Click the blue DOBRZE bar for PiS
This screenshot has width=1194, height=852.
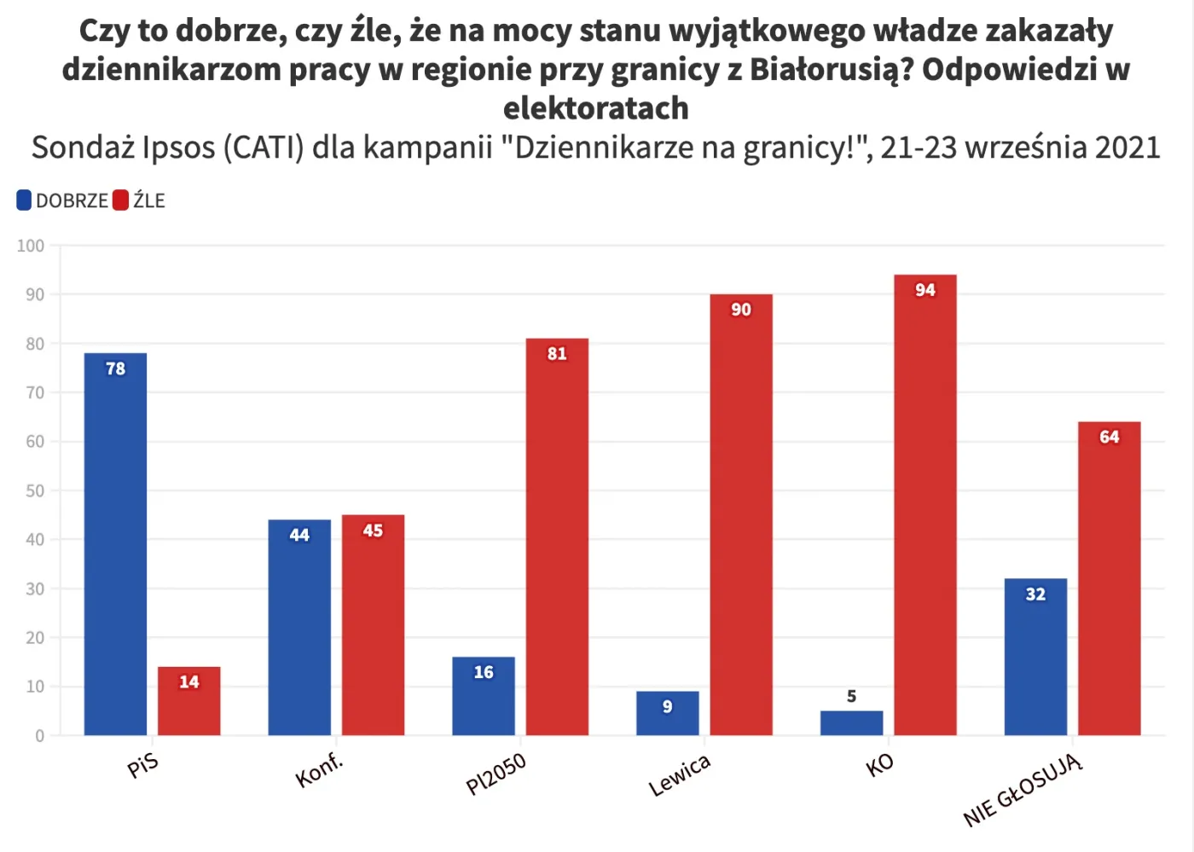tap(115, 546)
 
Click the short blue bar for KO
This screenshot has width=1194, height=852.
tap(851, 723)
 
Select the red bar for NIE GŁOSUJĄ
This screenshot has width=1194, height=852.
tap(1109, 579)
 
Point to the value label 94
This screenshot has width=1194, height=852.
tap(925, 290)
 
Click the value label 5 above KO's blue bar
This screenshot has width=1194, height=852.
tap(851, 697)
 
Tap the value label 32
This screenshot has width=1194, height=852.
tap(1035, 594)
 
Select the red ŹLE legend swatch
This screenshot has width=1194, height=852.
tap(120, 200)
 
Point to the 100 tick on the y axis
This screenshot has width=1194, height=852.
tap(31, 246)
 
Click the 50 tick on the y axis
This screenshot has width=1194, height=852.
tap(34, 491)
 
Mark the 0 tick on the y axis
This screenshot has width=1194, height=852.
tap(39, 736)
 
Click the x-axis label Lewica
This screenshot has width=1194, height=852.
tap(680, 775)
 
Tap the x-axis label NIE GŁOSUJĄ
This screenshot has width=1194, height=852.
tap(1023, 791)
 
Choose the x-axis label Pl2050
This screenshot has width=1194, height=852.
tap(496, 774)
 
